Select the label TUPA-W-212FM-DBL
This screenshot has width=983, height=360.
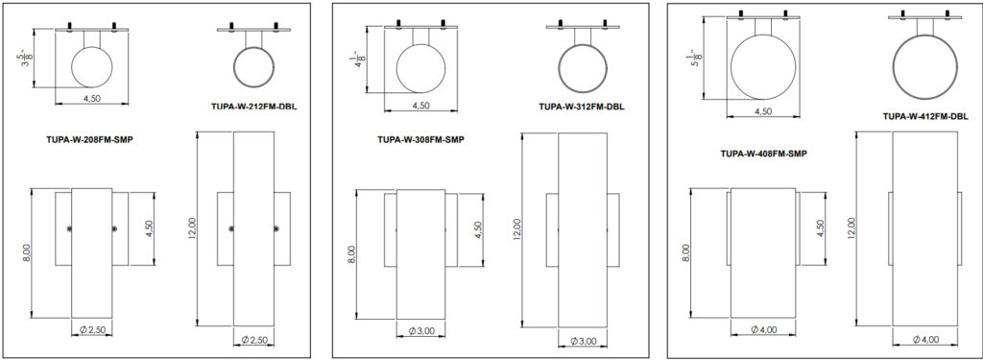(x=253, y=107)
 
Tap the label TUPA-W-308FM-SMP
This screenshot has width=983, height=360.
(x=420, y=140)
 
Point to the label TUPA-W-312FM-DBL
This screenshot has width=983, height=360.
(x=582, y=107)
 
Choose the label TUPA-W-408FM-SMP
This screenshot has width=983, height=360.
(x=763, y=153)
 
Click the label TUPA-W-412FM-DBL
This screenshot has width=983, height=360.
(x=926, y=117)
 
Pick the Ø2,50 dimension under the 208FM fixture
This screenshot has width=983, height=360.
(x=91, y=329)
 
